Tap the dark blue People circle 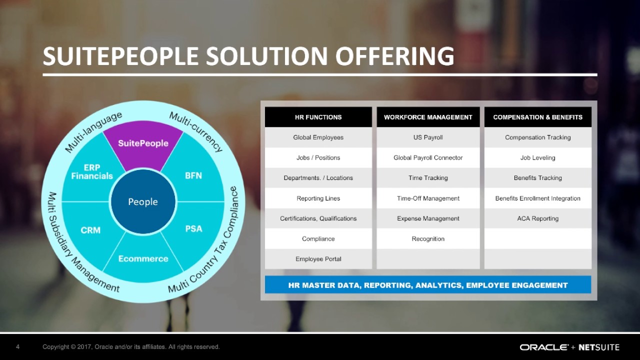pos(143,201)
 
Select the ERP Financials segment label pos(92,171)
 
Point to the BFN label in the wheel pos(193,175)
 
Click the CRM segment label pos(90,230)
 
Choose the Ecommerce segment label pos(143,258)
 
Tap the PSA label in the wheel pos(193,228)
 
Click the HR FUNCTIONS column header pos(318,117)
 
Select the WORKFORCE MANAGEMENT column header pos(428,117)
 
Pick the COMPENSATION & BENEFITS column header pos(537,117)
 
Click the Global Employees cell pos(318,137)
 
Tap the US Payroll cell pos(428,137)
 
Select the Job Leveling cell pos(537,157)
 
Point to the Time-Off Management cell pos(428,198)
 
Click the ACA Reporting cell pos(537,218)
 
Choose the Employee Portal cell pos(318,259)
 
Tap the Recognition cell pos(428,239)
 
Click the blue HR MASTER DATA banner pos(428,285)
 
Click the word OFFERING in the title pos(394,56)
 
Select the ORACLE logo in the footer pos(543,347)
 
